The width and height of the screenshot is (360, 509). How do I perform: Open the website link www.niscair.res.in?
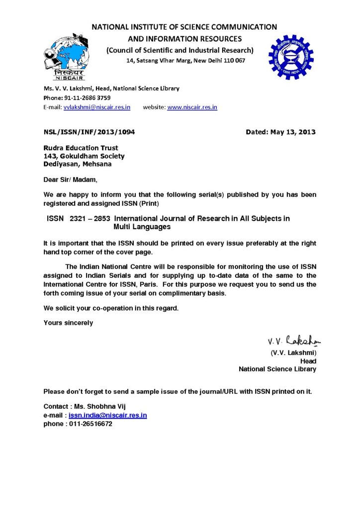[x=192, y=107]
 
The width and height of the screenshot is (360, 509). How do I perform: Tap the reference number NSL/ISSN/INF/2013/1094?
[x=89, y=132]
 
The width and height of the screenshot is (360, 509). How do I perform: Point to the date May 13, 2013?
[x=293, y=132]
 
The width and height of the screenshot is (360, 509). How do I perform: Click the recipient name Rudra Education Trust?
[x=81, y=148]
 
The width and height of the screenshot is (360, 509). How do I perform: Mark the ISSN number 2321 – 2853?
[x=90, y=219]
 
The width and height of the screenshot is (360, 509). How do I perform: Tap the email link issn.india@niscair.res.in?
[x=107, y=415]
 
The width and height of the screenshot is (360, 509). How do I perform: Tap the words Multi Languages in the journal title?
[x=142, y=227]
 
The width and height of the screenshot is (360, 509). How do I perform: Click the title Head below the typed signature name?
[x=308, y=361]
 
